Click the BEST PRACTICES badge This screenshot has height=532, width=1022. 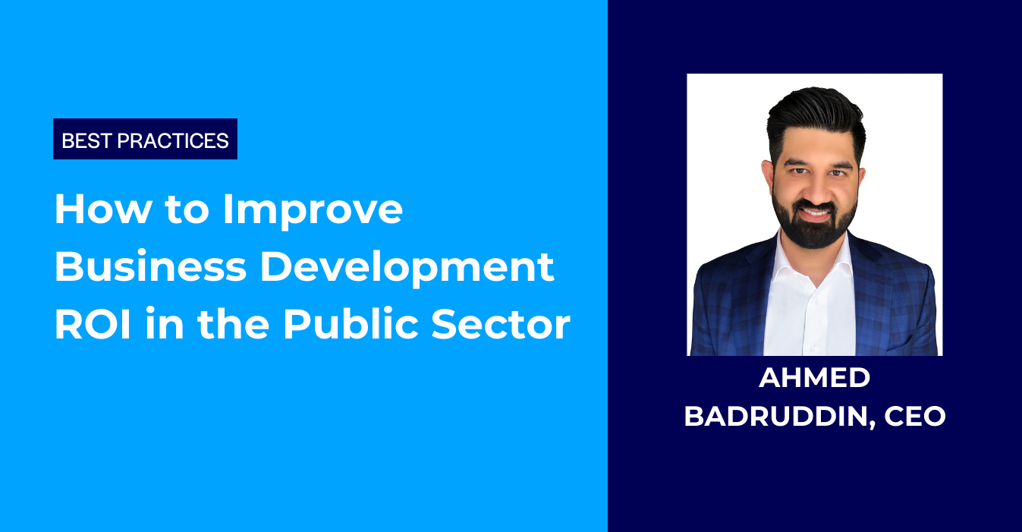145,140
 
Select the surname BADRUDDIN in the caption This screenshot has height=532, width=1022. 771,417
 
